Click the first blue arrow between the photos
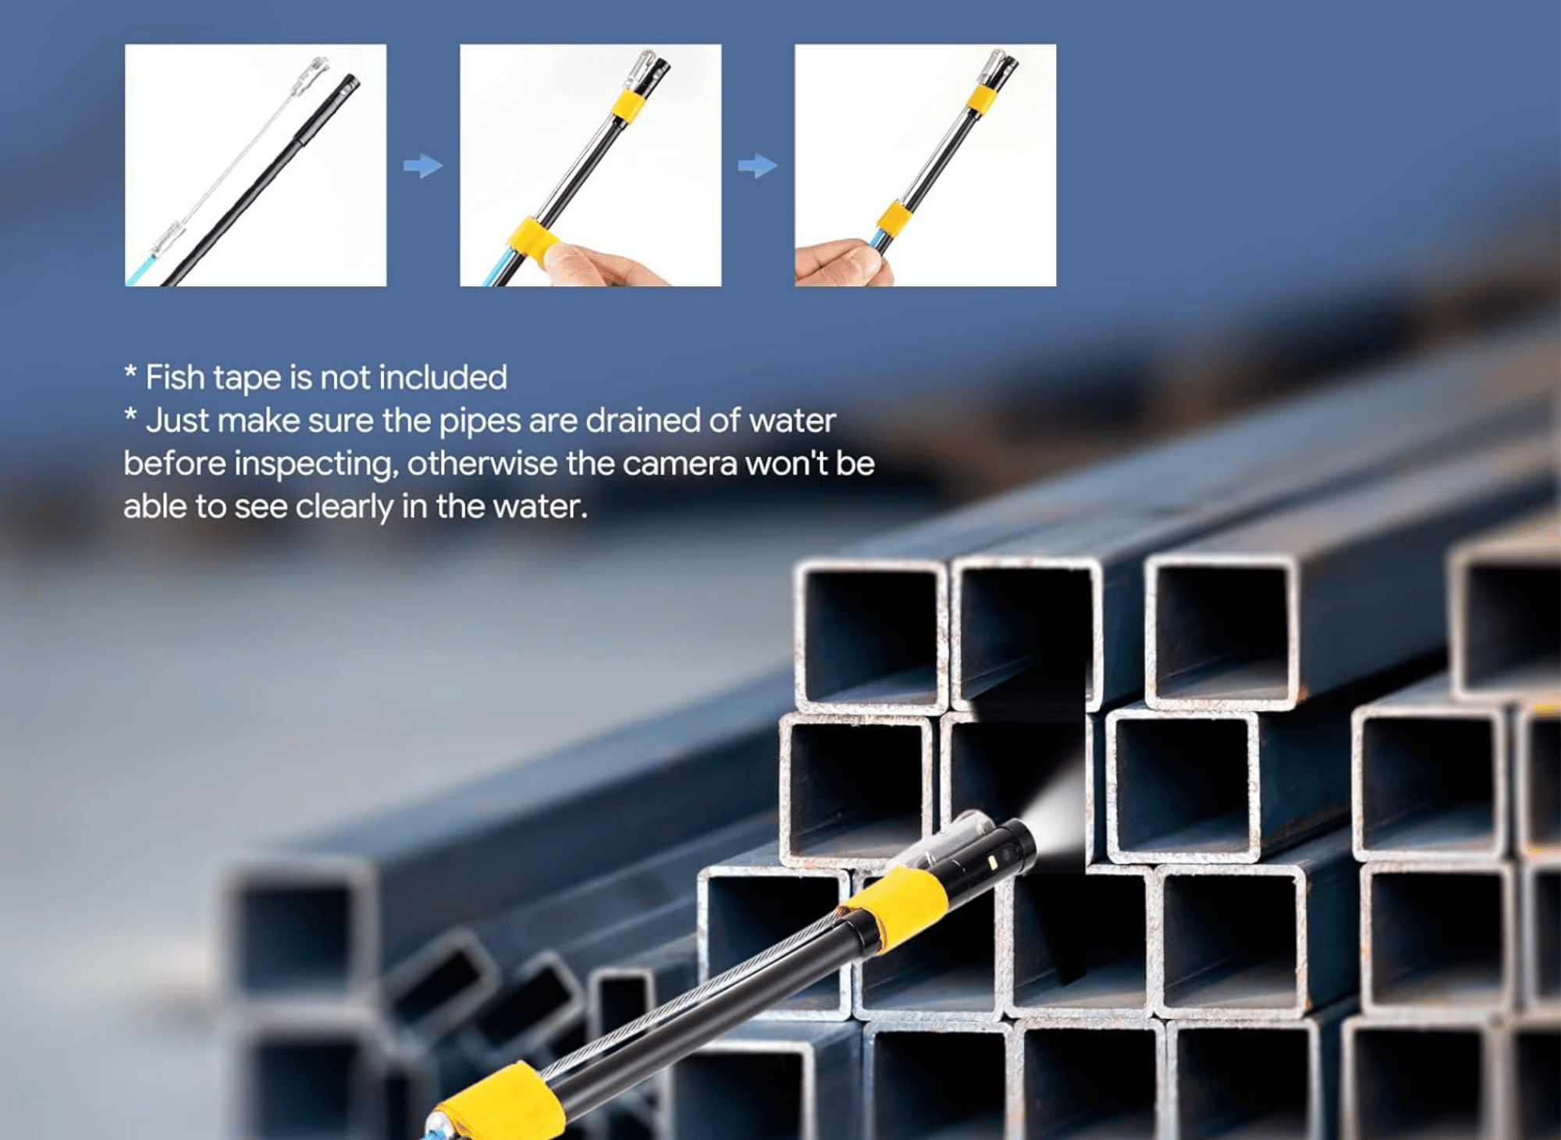[423, 165]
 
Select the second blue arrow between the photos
[758, 165]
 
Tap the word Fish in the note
[176, 378]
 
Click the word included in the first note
[443, 378]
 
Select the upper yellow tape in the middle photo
[629, 104]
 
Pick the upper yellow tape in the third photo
[983, 101]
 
